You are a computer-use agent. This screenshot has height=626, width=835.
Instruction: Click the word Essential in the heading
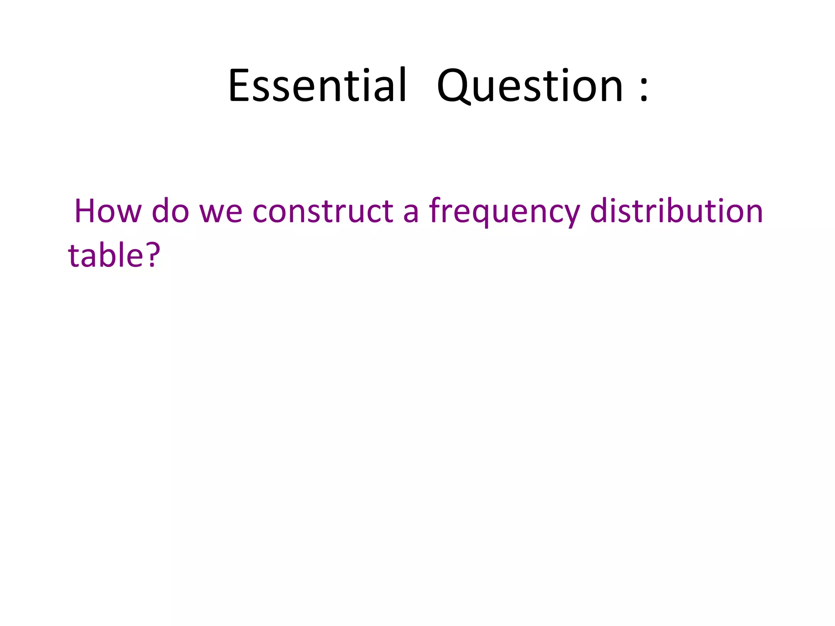coord(317,86)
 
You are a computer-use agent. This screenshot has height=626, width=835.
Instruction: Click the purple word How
coord(108,211)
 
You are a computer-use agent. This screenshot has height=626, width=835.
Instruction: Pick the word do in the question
coord(170,211)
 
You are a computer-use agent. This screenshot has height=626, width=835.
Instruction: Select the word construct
coord(323,211)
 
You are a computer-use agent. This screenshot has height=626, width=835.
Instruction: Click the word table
coord(106,255)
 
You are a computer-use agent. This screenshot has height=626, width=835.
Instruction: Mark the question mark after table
coord(152,255)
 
